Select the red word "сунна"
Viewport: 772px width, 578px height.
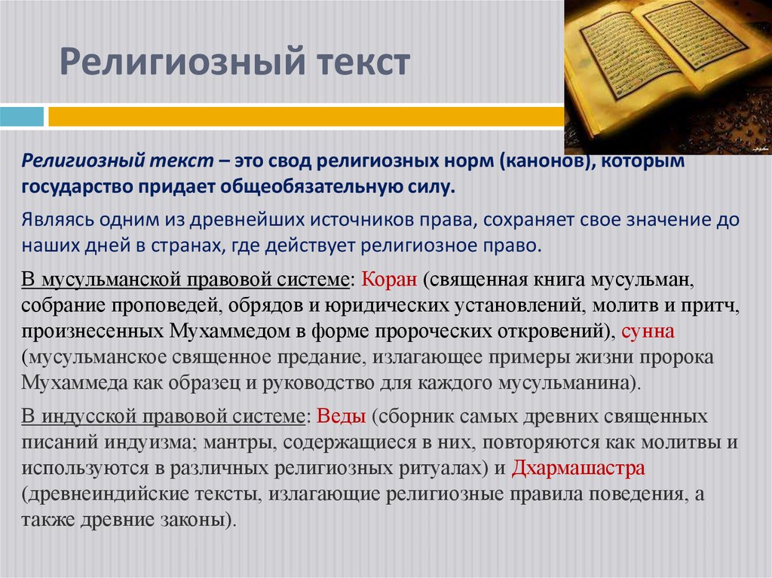tap(648, 331)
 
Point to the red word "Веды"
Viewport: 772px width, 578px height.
tap(342, 417)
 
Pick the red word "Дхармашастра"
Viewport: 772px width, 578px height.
tap(578, 468)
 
